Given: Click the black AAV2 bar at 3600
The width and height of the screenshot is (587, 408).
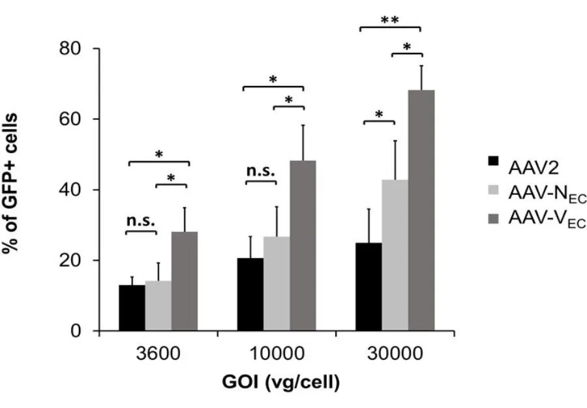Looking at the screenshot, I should click(132, 308).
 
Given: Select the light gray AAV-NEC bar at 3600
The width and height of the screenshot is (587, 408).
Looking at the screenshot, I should click(158, 306).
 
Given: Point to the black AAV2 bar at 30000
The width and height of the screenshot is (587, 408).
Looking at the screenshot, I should click(369, 287).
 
